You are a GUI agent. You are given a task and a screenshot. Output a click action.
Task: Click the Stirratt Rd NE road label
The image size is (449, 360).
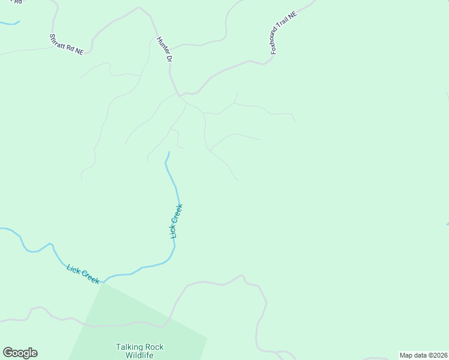(66, 45)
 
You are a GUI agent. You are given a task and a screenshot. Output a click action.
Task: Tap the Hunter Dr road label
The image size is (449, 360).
(164, 50)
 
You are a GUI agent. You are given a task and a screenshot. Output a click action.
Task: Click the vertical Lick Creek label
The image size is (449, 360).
(176, 221)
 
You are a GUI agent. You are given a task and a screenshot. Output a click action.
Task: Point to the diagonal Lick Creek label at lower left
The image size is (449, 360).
(83, 274)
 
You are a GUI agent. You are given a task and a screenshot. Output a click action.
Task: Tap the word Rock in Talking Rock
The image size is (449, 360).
(154, 347)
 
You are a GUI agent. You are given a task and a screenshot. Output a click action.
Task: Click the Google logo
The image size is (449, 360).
(20, 353)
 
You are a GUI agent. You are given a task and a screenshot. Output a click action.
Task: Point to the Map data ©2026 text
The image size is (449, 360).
(423, 355)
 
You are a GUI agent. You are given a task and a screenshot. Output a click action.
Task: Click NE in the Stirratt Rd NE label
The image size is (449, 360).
(79, 52)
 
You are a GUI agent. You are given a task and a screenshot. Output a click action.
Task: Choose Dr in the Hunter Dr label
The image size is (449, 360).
(169, 59)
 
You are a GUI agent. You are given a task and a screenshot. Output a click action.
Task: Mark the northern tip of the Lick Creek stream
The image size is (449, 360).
(169, 152)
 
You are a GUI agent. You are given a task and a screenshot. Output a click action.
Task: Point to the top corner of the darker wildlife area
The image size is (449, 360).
(102, 283)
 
